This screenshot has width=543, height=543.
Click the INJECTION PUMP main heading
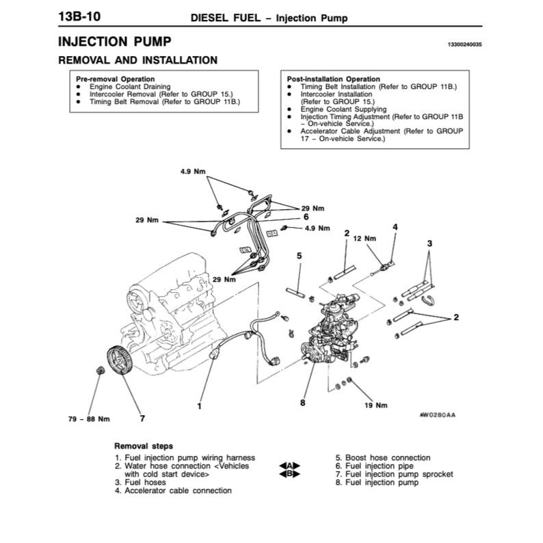click(x=114, y=42)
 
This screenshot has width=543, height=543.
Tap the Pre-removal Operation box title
click(x=115, y=79)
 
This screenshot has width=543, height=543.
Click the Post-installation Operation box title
click(x=334, y=79)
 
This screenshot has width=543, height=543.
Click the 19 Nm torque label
click(x=376, y=405)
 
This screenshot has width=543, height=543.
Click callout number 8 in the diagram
click(x=302, y=402)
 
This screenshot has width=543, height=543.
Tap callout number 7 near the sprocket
click(x=142, y=417)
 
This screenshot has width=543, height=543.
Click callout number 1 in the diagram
click(x=199, y=406)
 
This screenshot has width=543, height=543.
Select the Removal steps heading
click(x=143, y=445)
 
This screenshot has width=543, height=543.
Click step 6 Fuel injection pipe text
click(x=373, y=466)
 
